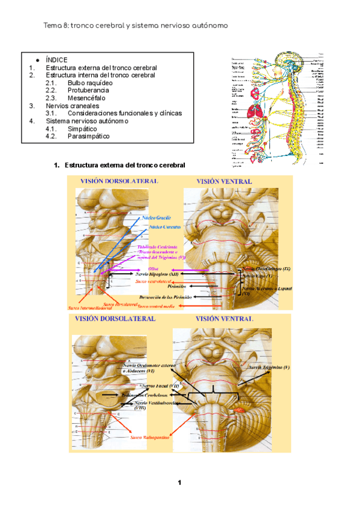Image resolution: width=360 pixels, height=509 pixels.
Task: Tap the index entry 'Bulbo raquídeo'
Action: point(89,83)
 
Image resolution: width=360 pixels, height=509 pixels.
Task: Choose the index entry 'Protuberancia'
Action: point(88,91)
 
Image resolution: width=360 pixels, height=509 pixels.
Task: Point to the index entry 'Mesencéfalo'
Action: point(88,98)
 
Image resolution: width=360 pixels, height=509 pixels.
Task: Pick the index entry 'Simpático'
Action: point(82,128)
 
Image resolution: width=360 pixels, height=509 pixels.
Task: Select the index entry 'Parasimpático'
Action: point(88,136)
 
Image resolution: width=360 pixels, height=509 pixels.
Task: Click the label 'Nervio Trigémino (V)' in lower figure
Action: point(269,366)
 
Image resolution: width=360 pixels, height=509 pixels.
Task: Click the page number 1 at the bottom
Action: point(179,483)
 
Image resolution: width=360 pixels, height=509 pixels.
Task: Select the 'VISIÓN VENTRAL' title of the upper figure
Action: point(224,181)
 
